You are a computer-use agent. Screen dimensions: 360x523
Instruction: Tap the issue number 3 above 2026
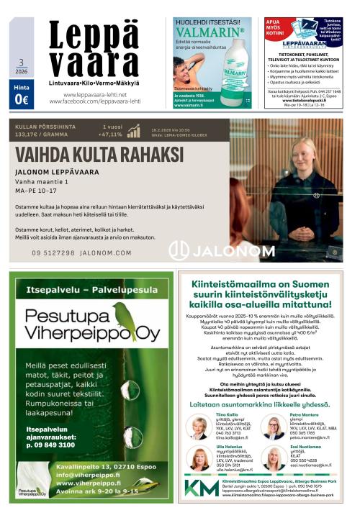(21, 63)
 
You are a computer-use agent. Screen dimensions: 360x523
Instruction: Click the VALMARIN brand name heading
(212, 32)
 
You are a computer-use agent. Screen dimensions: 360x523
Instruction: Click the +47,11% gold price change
(112, 135)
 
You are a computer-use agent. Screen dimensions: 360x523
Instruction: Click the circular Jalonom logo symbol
(179, 251)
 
